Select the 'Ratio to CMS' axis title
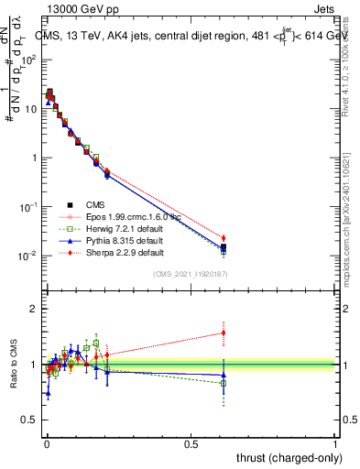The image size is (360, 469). coord(12,365)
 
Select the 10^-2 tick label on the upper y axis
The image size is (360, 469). coord(28,256)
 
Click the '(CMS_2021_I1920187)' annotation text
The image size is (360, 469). coord(190,273)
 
